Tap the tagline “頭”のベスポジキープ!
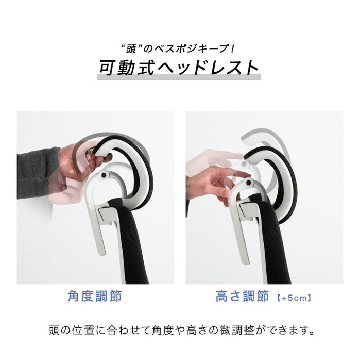(179, 49)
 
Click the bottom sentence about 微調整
(180, 329)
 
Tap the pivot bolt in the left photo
(105, 176)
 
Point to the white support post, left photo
(98, 222)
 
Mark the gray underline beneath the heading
(179, 77)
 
